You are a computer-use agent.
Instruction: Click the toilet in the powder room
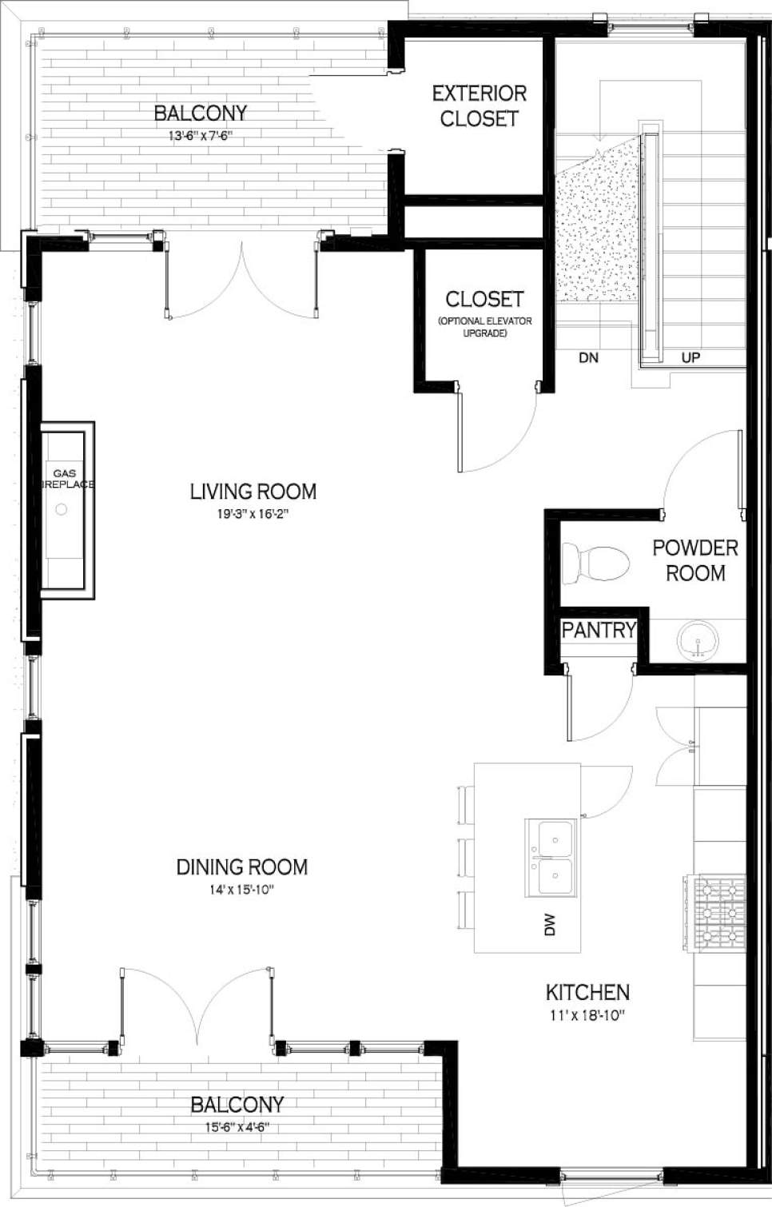(x=595, y=563)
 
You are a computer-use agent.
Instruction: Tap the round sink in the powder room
(x=698, y=641)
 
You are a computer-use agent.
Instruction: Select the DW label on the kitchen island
(x=550, y=925)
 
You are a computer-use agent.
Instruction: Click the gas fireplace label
(x=65, y=479)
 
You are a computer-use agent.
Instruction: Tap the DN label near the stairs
(x=588, y=358)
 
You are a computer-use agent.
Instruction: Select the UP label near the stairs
(x=690, y=358)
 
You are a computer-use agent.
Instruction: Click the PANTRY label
(x=598, y=630)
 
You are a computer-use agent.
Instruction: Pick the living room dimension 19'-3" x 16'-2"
(x=253, y=514)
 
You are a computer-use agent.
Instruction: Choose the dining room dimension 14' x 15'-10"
(x=241, y=890)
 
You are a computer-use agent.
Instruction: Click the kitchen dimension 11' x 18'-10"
(x=587, y=1016)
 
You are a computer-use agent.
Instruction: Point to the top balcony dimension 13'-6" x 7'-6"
(x=200, y=136)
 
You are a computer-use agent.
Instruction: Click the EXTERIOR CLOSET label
(x=480, y=106)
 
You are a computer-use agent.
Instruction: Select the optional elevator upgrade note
(x=484, y=327)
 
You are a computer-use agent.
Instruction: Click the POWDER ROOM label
(x=695, y=560)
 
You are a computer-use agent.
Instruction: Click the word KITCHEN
(x=587, y=992)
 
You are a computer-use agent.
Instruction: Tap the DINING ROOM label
(x=241, y=866)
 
